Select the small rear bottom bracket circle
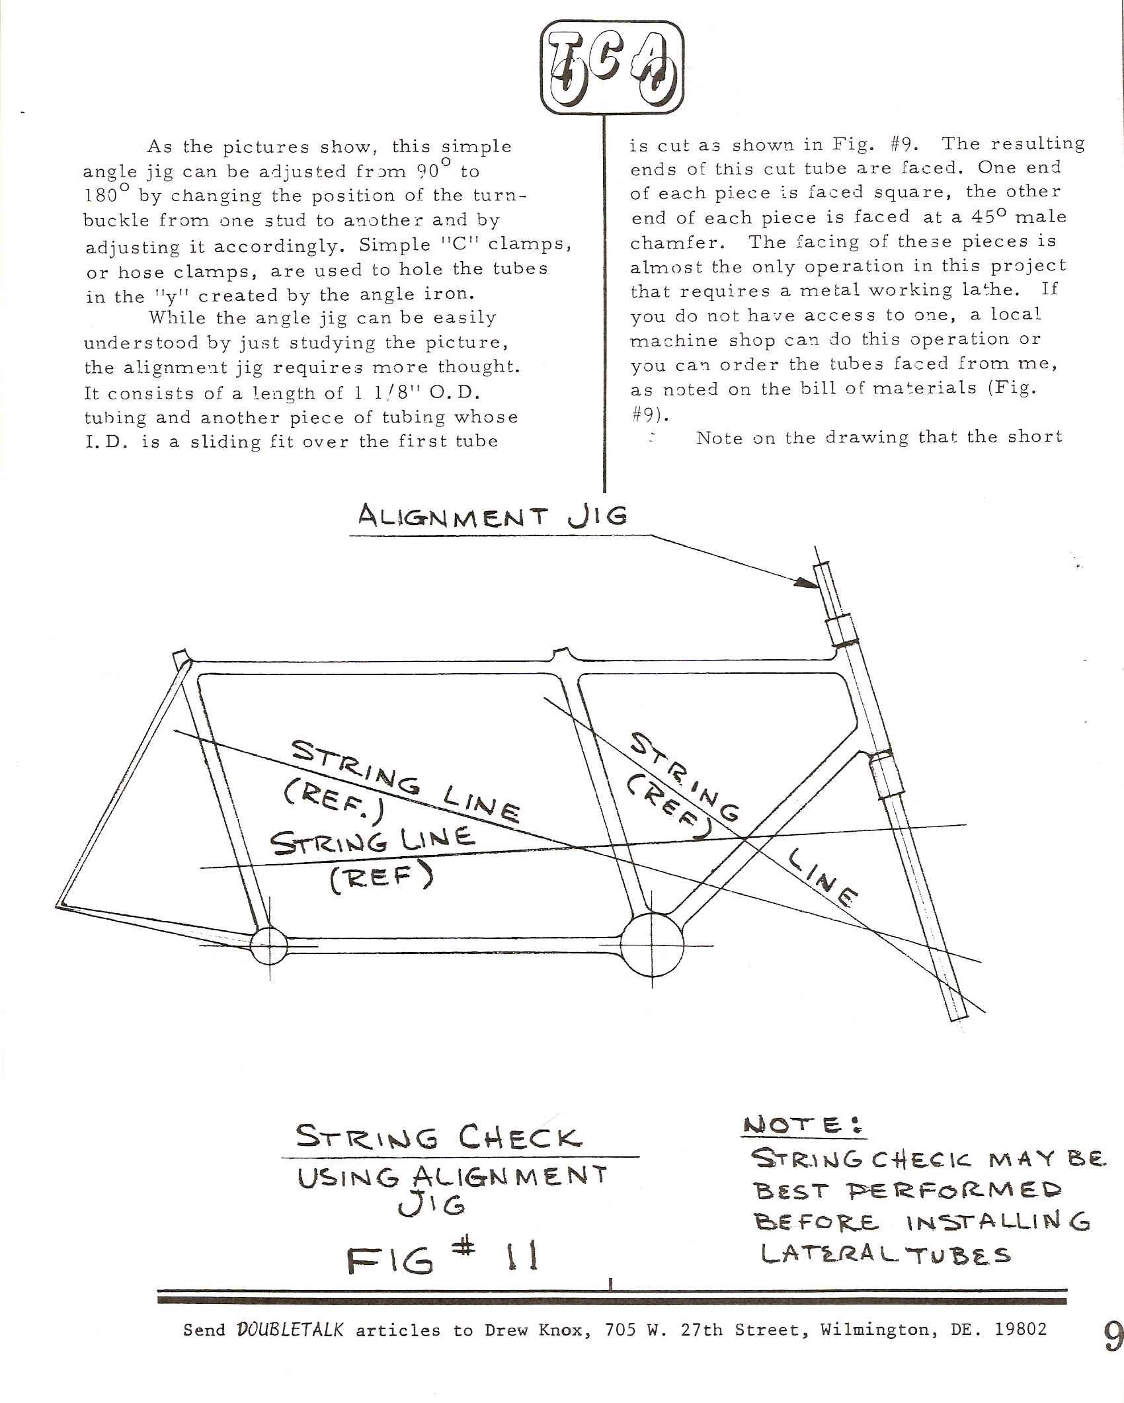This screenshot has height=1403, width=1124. coord(269,946)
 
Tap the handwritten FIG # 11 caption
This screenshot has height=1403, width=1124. coord(442,1258)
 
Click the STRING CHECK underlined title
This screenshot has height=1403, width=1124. coord(439,1139)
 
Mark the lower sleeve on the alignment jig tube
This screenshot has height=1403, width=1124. coord(885,778)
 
